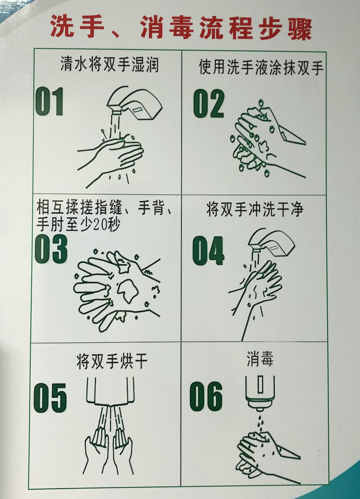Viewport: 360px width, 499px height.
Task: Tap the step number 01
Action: click(x=49, y=102)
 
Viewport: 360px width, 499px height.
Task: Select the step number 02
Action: click(x=208, y=104)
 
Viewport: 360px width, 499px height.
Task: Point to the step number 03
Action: click(x=51, y=249)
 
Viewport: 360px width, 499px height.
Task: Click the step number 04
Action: click(x=208, y=250)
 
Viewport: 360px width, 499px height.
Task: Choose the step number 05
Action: click(x=50, y=398)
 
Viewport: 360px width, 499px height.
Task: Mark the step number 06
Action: click(x=206, y=396)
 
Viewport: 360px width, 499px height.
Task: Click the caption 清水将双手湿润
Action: click(x=109, y=64)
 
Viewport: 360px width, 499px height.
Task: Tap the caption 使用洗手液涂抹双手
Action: click(x=260, y=67)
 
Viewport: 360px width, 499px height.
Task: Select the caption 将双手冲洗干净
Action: click(x=255, y=209)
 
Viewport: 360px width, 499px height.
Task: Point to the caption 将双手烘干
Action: click(x=112, y=361)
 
